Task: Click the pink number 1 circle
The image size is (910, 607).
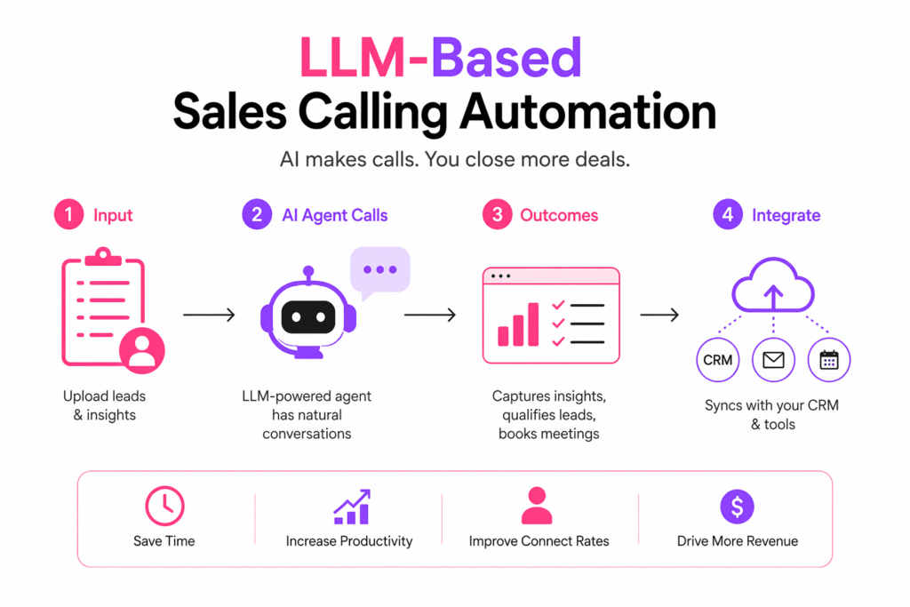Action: pos(68,215)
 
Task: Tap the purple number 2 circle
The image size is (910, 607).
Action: pos(257,215)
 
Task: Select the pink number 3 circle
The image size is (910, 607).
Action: pos(497,215)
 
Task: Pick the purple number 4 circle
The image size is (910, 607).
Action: pos(728,215)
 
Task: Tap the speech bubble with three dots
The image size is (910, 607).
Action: pos(379,270)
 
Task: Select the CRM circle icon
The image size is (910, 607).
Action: pos(717,360)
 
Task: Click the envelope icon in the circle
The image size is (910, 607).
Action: pos(773,360)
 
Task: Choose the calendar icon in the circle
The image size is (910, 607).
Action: pos(828,360)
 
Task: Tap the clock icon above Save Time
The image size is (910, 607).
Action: pos(164,507)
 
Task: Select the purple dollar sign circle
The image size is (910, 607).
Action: pos(737,507)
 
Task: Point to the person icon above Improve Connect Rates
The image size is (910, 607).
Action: pos(538,507)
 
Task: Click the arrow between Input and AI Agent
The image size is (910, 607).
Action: pos(209,315)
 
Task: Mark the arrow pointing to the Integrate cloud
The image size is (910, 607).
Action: pos(659,315)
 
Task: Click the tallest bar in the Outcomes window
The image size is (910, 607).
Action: pos(533,323)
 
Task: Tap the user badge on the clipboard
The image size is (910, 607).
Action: pos(140,351)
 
